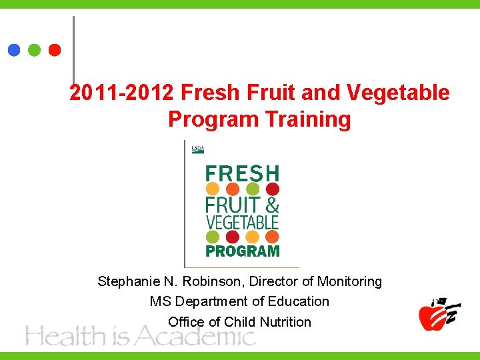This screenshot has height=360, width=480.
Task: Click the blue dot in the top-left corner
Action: pos(13,50)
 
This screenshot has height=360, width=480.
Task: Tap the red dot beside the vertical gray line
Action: pos(55,50)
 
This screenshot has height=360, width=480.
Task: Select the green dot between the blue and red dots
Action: pos(35,50)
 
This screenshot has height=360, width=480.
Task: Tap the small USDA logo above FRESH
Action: pos(198,149)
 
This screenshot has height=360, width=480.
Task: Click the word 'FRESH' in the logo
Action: pos(242,173)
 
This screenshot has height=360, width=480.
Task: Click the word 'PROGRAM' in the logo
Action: pos(242,251)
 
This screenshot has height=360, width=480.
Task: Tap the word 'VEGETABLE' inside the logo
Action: pos(242,221)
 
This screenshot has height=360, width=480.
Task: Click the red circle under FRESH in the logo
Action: pos(272,189)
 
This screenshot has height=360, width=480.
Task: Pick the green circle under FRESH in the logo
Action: pos(253,189)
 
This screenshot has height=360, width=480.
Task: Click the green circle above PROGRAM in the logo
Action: pos(213,237)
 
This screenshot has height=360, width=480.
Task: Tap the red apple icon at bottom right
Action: pos(433,315)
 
